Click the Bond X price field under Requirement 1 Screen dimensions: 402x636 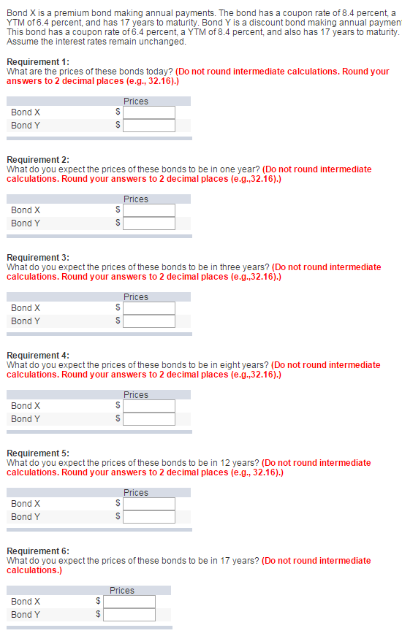click(149, 112)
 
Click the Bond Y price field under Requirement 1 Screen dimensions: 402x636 click(149, 126)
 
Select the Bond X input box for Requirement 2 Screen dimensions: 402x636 click(149, 210)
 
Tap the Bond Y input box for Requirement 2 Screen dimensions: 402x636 click(149, 223)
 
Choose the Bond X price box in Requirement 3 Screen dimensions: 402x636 click(149, 308)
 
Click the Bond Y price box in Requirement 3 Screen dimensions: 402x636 click(149, 321)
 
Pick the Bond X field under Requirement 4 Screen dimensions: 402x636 click(149, 406)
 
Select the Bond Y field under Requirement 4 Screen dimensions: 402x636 click(149, 419)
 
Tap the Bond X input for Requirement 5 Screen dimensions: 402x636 click(149, 504)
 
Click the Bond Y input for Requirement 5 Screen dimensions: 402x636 click(149, 517)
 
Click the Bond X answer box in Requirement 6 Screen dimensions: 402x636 click(129, 602)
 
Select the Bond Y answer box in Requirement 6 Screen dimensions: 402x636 click(129, 615)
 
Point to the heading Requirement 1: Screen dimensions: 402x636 click(38, 62)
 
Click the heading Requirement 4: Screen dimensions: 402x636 click(38, 356)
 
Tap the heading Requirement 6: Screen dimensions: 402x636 click(38, 551)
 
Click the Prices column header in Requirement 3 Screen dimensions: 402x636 click(136, 297)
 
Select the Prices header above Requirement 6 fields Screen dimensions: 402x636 click(122, 591)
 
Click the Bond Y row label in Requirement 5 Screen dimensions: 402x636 click(26, 517)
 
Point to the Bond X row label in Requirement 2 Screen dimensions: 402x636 click(26, 210)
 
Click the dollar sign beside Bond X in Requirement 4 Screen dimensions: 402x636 click(117, 406)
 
